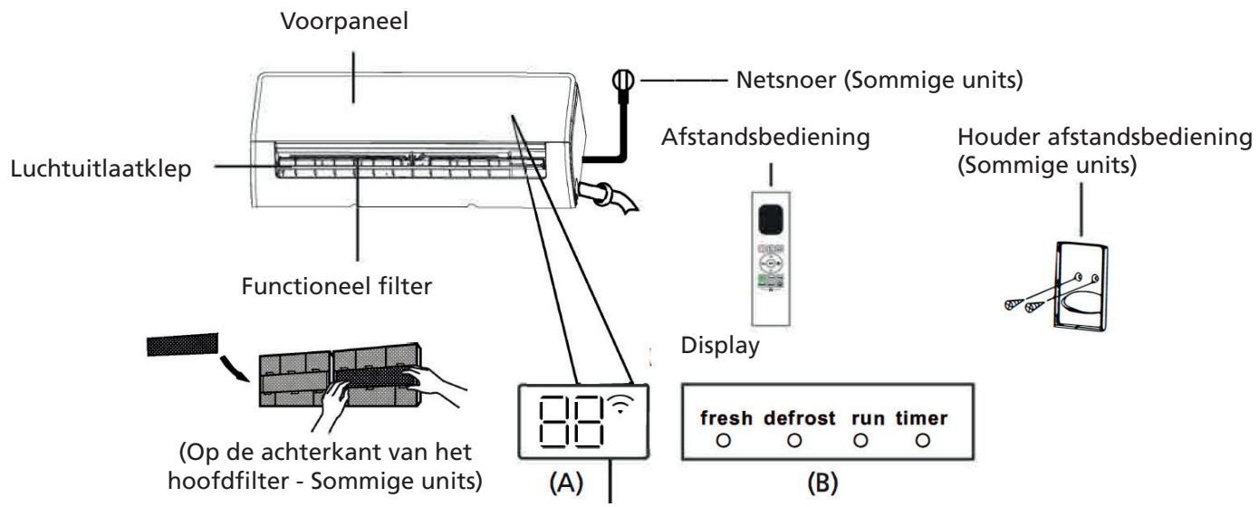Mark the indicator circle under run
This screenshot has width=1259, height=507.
(860, 439)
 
